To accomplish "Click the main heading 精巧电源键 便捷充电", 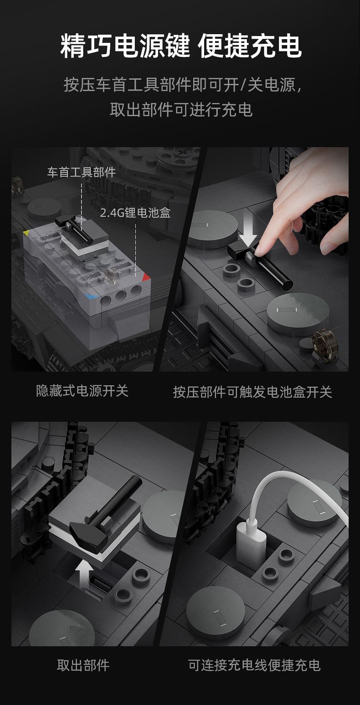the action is pos(181,46).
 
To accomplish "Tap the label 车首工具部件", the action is pos(82,173).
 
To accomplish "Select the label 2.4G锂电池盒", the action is pos(135,213).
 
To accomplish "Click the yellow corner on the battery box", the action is pos(26,233).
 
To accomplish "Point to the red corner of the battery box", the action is pos(146,276).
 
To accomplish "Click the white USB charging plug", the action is pos(251,546).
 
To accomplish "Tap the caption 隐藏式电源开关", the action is pos(82,391).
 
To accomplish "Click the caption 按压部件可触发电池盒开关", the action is pos(252,392).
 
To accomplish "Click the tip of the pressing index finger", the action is pos(259,250).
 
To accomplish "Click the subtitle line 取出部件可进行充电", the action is pos(181,110).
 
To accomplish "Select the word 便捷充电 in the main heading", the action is pos(250,46).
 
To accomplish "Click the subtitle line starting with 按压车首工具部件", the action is pos(182,85).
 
